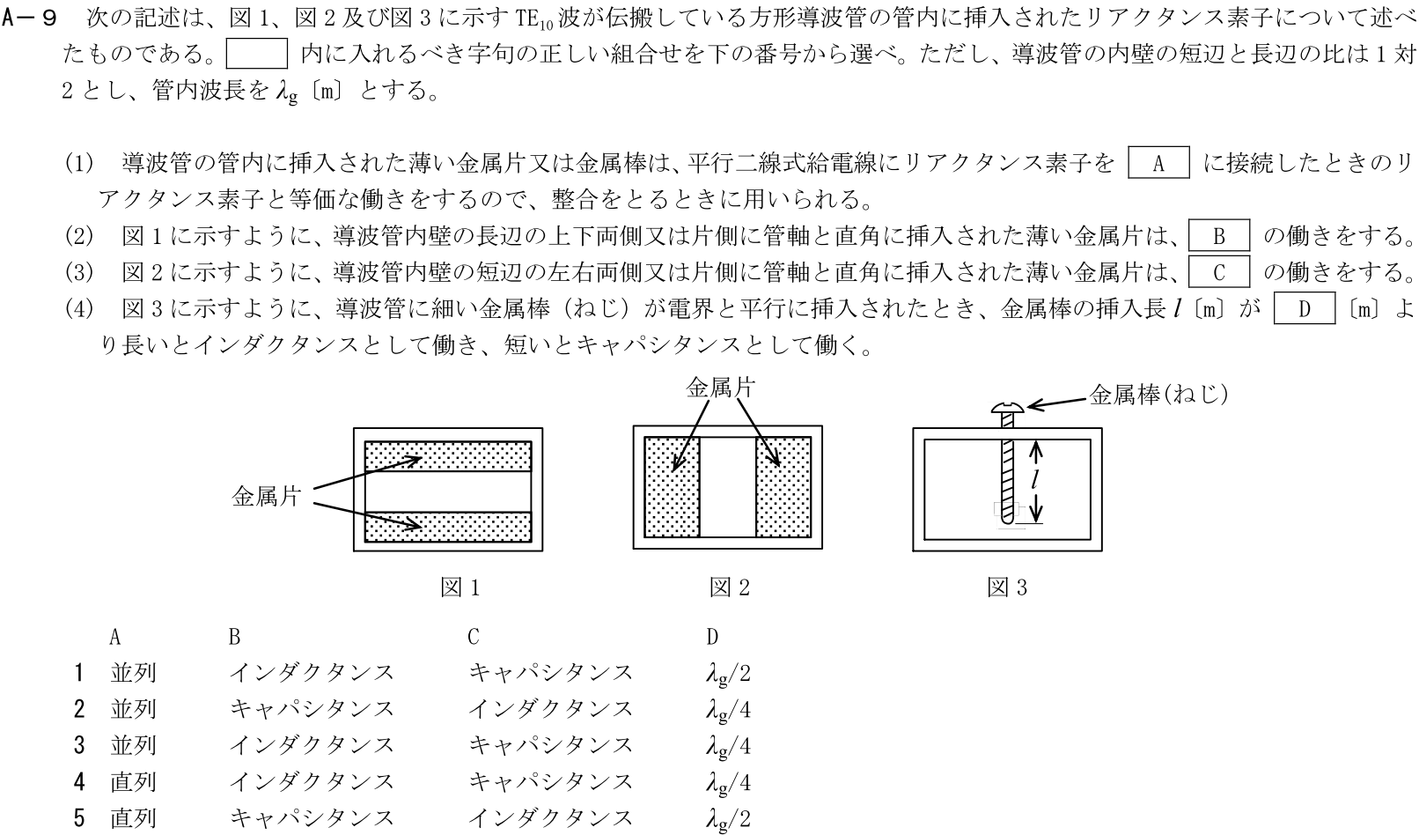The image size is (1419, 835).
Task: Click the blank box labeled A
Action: pyautogui.click(x=1158, y=164)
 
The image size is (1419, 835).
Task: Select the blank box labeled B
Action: pyautogui.click(x=1219, y=236)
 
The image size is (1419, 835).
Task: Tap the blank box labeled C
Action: pyautogui.click(x=1219, y=272)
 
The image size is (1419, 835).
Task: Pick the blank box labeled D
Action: pyautogui.click(x=1304, y=309)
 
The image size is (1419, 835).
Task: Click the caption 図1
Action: pyautogui.click(x=460, y=587)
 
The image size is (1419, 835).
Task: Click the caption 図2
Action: pyautogui.click(x=730, y=587)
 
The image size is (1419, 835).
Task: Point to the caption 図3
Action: pyautogui.click(x=1007, y=587)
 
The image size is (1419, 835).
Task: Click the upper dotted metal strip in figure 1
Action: pyautogui.click(x=448, y=456)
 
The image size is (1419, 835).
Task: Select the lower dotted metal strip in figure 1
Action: pyautogui.click(x=448, y=526)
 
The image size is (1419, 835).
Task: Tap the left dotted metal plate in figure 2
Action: pyautogui.click(x=672, y=486)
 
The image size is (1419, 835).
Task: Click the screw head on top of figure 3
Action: pyautogui.click(x=1008, y=408)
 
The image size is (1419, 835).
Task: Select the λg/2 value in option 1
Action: pyautogui.click(x=728, y=674)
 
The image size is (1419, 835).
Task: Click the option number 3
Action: pyautogui.click(x=79, y=746)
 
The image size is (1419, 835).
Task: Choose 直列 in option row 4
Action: pyautogui.click(x=133, y=782)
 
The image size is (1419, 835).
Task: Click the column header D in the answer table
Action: pyautogui.click(x=712, y=637)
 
